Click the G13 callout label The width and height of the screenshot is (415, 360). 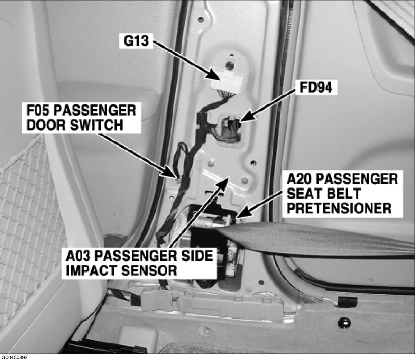(136, 41)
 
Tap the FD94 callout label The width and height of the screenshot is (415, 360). (316, 88)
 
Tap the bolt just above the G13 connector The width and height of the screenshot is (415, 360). (230, 65)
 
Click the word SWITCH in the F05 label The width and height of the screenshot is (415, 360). (96, 125)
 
